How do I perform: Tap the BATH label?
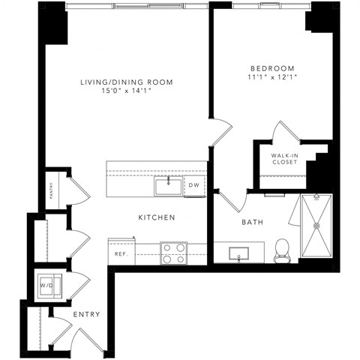point(251,222)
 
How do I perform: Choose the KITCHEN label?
point(156,217)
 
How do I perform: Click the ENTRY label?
point(87,314)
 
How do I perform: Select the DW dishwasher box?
point(193,184)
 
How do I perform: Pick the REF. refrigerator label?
point(119,253)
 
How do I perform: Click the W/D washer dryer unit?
point(46,285)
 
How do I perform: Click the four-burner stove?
point(174,253)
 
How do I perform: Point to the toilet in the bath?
point(283,251)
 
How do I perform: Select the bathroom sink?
point(238,253)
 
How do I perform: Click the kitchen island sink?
point(168,184)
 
